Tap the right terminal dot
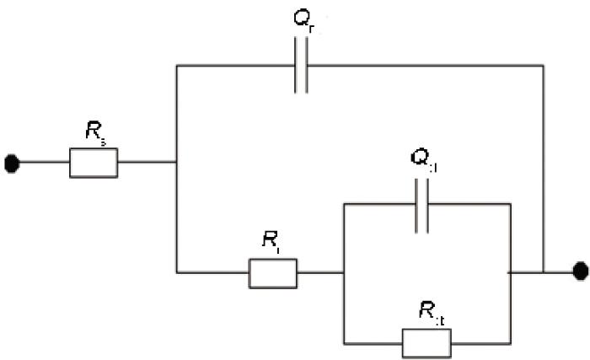(x=580, y=271)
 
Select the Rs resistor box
(x=93, y=163)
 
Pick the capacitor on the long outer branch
(x=301, y=65)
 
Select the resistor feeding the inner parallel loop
(x=273, y=272)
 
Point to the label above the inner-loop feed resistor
(x=271, y=242)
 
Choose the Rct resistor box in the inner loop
(x=426, y=342)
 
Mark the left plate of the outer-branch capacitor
(x=296, y=65)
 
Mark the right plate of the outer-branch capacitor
(x=307, y=65)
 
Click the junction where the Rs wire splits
(x=176, y=163)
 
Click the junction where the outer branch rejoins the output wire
(x=544, y=272)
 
